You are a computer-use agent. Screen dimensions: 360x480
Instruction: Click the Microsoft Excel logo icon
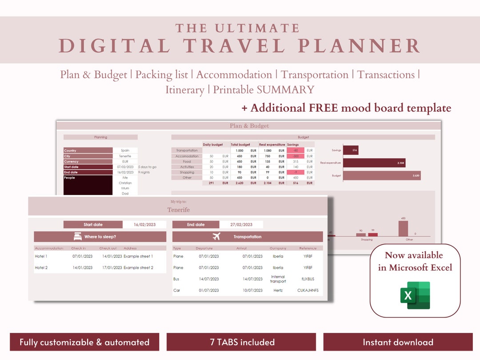coord(415,295)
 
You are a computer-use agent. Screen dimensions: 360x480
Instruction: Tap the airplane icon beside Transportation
coord(216,236)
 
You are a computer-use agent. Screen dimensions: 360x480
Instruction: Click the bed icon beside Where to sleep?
coord(77,236)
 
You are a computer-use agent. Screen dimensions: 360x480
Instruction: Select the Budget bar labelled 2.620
coord(382,176)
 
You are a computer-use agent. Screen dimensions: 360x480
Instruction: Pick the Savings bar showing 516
coord(351,150)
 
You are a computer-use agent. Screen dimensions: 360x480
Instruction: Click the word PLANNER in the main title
coord(359,46)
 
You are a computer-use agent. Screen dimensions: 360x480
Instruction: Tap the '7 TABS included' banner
coord(241,342)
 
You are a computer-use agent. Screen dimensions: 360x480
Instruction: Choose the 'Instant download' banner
coord(398,342)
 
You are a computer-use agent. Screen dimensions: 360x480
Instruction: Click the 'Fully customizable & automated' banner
coord(84,342)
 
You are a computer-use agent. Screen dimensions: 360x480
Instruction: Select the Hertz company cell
coord(278,291)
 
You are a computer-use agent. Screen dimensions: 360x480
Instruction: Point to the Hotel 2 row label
coord(41,268)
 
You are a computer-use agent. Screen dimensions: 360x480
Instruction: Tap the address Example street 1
coord(138,256)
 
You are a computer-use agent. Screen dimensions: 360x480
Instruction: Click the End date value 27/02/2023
coord(242,224)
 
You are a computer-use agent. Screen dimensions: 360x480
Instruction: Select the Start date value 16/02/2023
coord(145,224)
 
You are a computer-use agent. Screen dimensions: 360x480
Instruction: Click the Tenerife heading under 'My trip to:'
coord(178,210)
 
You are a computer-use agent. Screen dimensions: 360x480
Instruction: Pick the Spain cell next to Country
coord(125,151)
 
